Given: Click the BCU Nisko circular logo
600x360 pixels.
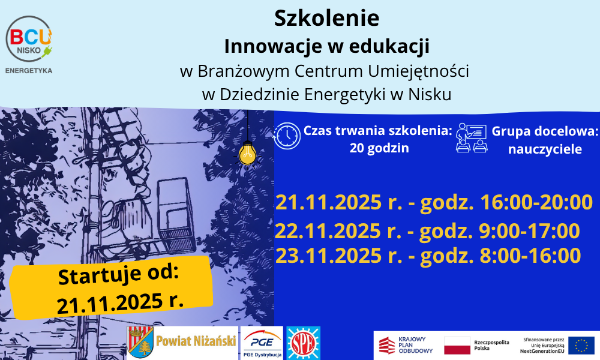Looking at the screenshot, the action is pos(29,39).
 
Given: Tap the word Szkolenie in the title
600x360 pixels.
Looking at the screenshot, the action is pos(327,19).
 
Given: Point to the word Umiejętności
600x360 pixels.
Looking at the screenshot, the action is pos(418,71).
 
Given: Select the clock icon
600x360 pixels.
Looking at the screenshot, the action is pos(287,136).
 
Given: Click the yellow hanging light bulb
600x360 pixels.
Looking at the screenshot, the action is pos(248,154).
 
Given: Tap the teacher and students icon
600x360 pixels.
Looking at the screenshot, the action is pos(472,138).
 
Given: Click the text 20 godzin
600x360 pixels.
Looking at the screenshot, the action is pos(379,148).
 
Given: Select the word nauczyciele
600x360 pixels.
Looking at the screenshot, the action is pos(545,149).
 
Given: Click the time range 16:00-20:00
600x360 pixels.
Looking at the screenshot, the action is pos(536,202).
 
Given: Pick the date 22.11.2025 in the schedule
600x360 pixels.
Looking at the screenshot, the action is pos(328,231).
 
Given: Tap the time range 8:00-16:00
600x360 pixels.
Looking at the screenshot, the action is pos(530,256).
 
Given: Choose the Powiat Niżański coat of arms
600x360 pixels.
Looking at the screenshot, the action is pos(140,342).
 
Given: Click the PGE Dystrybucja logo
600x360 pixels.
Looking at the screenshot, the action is pos(262,343).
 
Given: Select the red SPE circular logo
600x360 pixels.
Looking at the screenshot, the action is pos(303,343).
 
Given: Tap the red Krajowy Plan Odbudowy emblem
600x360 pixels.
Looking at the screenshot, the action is pos(387,345).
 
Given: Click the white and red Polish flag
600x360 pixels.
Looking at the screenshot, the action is pos(457,346).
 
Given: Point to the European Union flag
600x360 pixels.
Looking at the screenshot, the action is pos(581,345).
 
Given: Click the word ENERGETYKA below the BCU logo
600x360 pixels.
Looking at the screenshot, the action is pos(29,71).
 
